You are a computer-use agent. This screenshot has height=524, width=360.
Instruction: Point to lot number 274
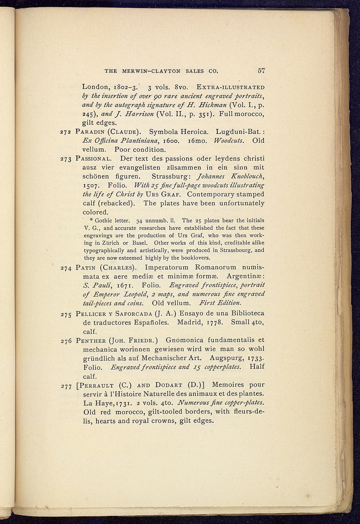(66, 268)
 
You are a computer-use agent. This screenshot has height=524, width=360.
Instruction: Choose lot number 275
(66, 314)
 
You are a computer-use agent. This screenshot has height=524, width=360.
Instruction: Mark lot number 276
(66, 341)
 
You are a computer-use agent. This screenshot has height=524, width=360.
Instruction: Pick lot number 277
(66, 386)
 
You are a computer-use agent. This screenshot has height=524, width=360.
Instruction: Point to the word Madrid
(190, 322)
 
